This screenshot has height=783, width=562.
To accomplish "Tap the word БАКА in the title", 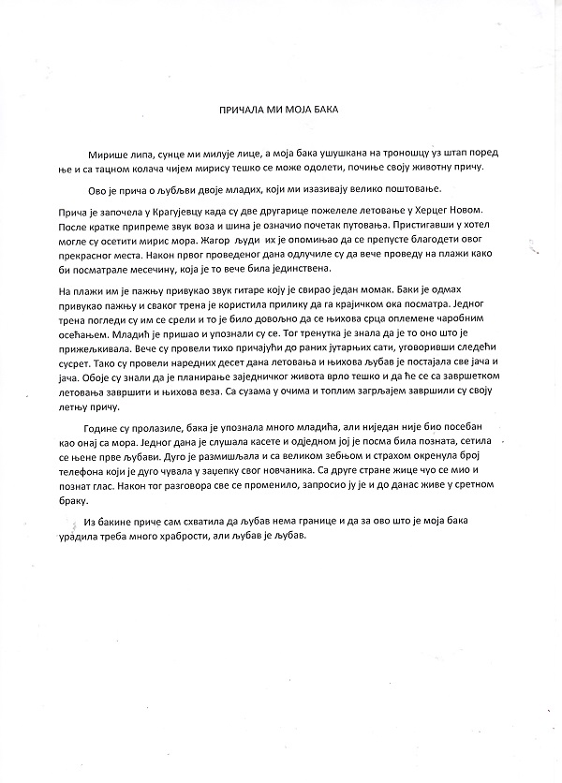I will [322, 110].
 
